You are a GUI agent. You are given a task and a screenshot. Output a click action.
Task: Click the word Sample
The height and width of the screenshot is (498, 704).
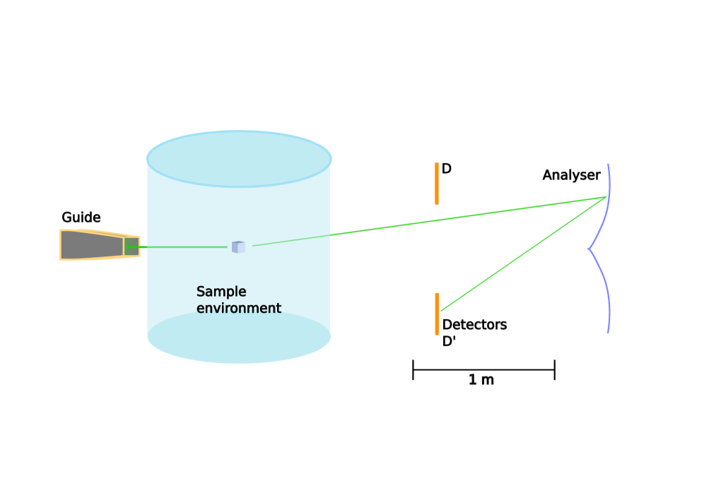click(x=221, y=292)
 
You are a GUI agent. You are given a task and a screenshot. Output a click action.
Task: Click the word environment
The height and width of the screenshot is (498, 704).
click(x=238, y=309)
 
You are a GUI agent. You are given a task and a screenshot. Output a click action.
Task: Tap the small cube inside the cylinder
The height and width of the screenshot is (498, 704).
click(x=238, y=247)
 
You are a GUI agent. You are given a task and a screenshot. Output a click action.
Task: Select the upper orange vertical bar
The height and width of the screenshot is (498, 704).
click(x=437, y=184)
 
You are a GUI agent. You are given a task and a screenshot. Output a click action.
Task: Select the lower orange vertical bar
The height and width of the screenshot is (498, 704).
click(x=437, y=314)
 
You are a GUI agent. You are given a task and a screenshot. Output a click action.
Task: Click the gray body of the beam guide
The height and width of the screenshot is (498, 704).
click(x=92, y=245)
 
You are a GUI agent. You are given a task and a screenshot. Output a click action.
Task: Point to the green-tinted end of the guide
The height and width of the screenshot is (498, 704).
click(x=131, y=247)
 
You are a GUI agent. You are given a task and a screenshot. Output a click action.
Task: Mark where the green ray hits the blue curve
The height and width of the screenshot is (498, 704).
click(x=606, y=197)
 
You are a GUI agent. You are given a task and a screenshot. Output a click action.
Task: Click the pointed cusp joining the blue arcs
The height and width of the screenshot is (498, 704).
click(x=589, y=249)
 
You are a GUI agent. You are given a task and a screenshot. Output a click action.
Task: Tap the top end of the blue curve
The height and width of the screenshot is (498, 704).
click(x=608, y=165)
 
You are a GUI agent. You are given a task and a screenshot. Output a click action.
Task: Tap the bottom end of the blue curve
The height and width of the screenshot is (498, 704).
click(x=608, y=333)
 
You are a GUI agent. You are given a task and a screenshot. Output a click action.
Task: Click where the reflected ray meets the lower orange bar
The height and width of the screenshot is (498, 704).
click(x=440, y=311)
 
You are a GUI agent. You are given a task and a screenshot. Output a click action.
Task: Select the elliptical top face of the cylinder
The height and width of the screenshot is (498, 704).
click(x=239, y=159)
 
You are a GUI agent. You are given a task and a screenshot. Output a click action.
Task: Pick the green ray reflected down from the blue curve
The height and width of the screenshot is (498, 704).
click(x=523, y=254)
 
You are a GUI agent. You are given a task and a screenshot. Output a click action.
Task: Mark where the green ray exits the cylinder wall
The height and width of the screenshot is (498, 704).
click(x=331, y=235)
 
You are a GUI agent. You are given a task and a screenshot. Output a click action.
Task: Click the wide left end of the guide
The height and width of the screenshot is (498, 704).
click(x=62, y=245)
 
